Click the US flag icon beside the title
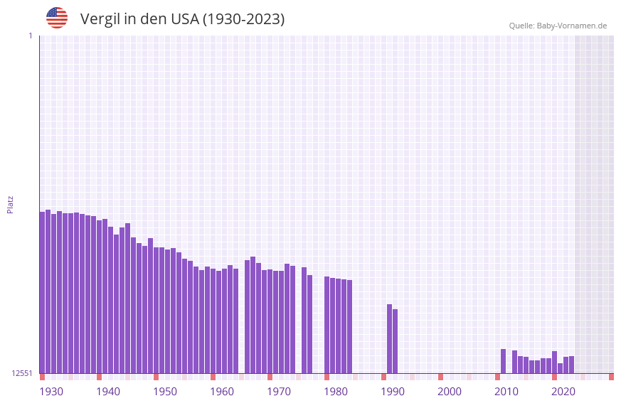(57, 18)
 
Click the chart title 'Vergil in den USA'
(182, 19)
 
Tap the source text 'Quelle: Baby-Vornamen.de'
(558, 26)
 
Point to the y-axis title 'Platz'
(10, 204)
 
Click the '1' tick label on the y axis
(30, 36)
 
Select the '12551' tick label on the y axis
(21, 373)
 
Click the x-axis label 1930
(51, 392)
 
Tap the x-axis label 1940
(108, 392)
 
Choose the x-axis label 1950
(165, 392)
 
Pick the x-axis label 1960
(222, 392)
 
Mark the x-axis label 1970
(279, 392)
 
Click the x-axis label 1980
(336, 392)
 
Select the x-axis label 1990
(393, 392)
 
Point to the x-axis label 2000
(450, 392)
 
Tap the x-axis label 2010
(506, 392)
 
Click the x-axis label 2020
(563, 392)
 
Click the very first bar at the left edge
(42, 292)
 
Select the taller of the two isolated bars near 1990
(389, 338)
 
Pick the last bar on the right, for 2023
(571, 365)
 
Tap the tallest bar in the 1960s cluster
(253, 315)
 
